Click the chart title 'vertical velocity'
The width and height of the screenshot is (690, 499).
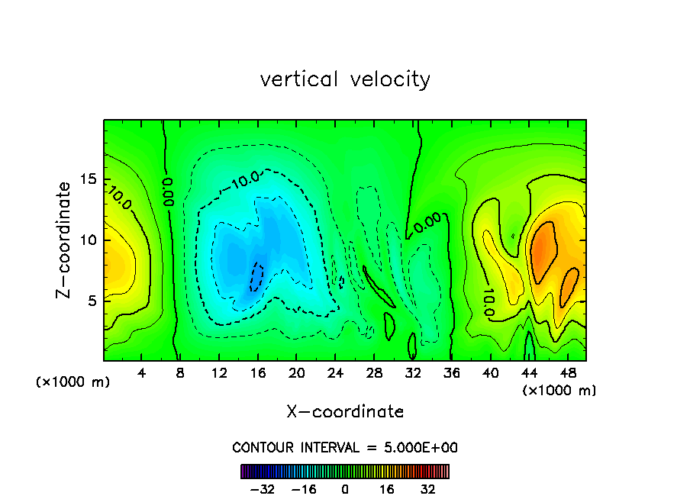(x=345, y=79)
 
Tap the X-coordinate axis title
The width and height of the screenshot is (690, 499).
(x=345, y=412)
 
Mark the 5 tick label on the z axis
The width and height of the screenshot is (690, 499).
(x=92, y=301)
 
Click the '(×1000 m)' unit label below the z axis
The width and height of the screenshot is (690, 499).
(x=73, y=382)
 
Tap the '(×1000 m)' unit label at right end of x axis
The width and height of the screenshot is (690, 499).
(x=559, y=391)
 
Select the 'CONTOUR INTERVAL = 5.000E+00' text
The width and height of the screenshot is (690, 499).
(x=345, y=447)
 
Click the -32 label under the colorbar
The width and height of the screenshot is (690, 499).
(x=262, y=490)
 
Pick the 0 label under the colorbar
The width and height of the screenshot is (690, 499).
(x=345, y=490)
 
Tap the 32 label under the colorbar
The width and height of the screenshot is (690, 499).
(x=427, y=490)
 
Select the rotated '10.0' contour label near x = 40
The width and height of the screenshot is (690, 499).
(x=488, y=302)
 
